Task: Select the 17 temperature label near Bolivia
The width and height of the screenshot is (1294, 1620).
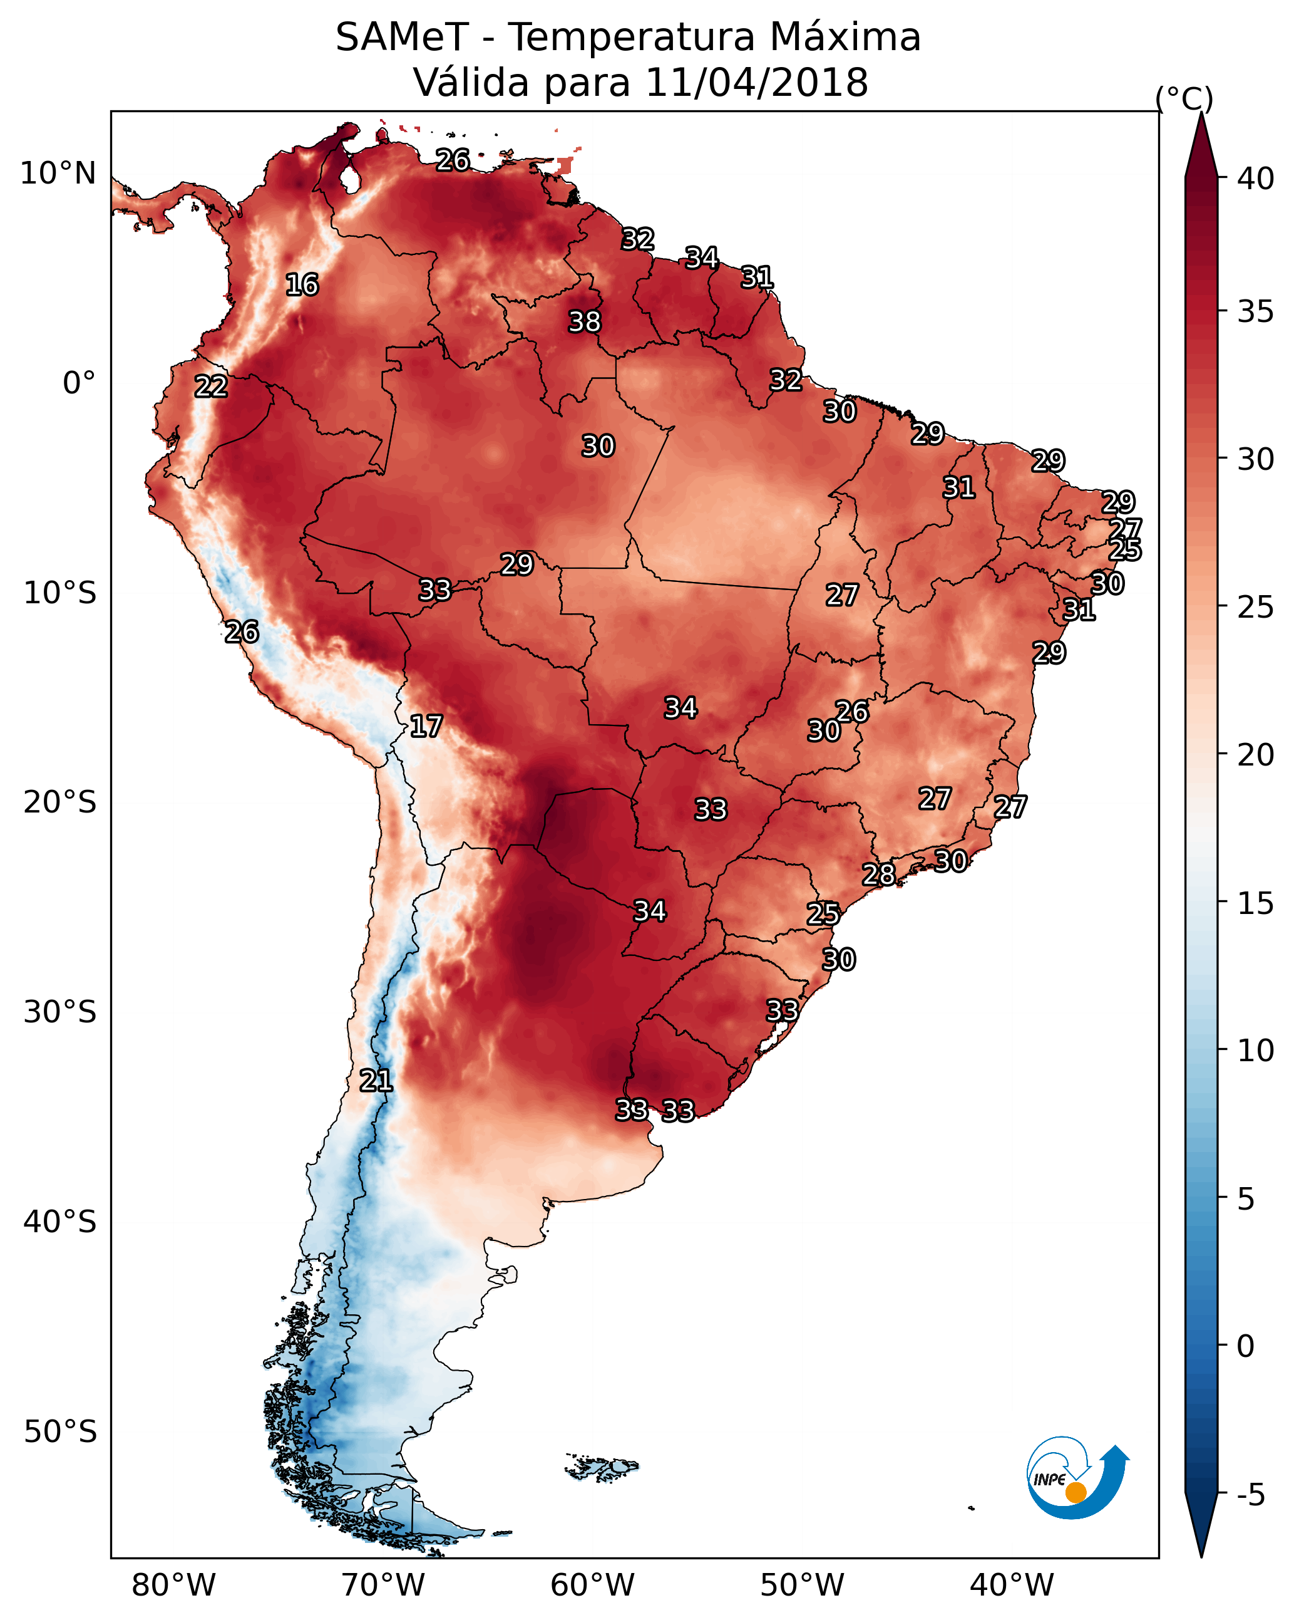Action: (426, 726)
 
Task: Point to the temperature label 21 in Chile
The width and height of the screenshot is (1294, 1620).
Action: (376, 1081)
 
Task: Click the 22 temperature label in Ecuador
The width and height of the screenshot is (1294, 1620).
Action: (211, 387)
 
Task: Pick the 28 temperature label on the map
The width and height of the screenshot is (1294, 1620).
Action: (879, 874)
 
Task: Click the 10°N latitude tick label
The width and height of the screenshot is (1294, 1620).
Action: (58, 174)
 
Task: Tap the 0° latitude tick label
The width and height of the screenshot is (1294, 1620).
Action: (80, 383)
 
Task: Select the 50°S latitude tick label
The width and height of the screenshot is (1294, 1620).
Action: (60, 1432)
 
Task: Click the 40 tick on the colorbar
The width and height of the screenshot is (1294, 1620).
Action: (1256, 179)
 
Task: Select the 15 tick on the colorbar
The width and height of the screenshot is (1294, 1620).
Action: (1256, 903)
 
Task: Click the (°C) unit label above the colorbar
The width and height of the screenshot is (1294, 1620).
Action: (1184, 98)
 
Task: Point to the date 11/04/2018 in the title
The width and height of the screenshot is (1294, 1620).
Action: (757, 83)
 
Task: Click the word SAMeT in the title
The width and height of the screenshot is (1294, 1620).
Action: (402, 38)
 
